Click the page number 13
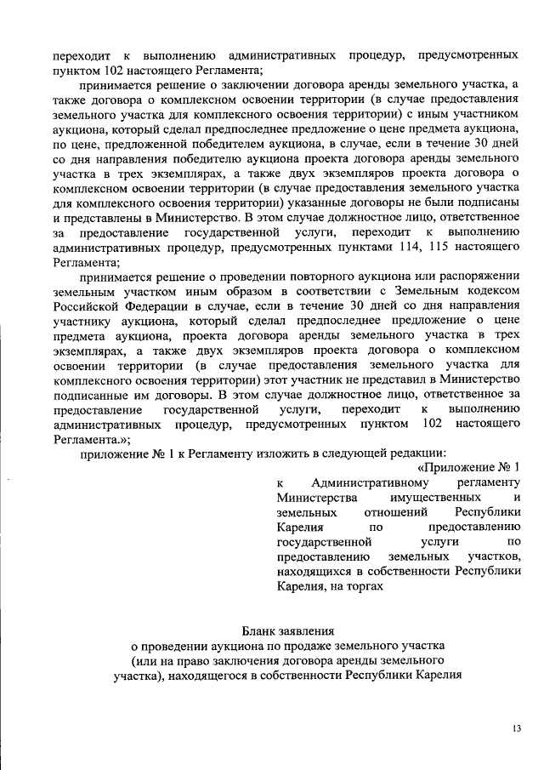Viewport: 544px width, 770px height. click(x=516, y=729)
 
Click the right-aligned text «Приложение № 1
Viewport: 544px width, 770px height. click(x=469, y=467)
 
